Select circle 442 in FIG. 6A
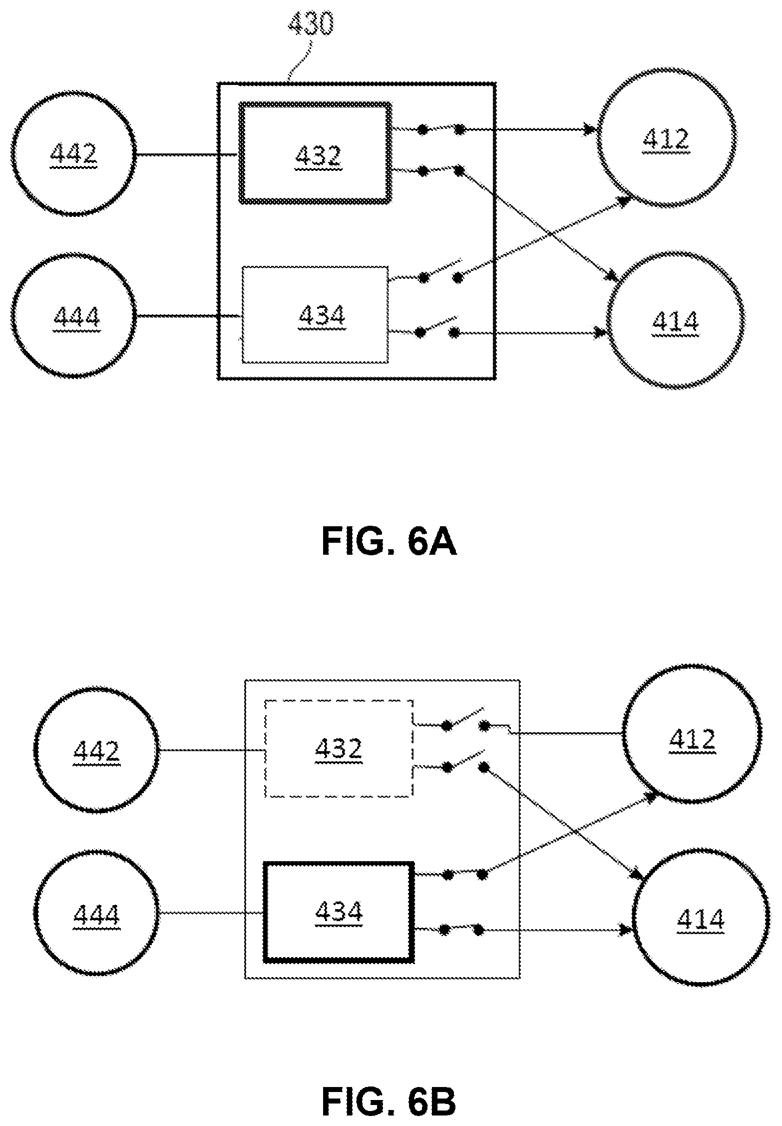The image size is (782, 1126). [x=74, y=93]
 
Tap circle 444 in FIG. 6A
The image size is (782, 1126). [x=74, y=255]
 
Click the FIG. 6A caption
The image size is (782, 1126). [x=389, y=543]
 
